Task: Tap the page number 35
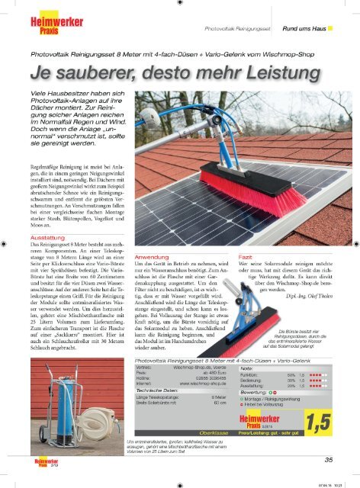pyautogui.click(x=327, y=458)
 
